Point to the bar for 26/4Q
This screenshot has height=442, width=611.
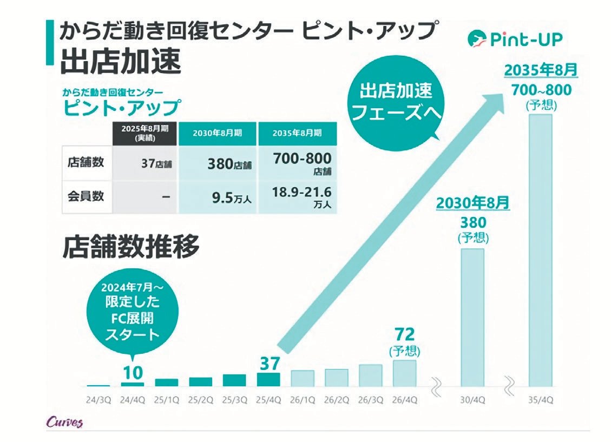pyautogui.click(x=405, y=373)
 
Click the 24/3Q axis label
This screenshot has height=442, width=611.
pyautogui.click(x=98, y=400)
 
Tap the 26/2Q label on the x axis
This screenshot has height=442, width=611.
pyautogui.click(x=337, y=400)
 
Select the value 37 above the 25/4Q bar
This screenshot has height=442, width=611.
pyautogui.click(x=268, y=363)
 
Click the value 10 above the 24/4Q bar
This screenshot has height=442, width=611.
pyautogui.click(x=133, y=372)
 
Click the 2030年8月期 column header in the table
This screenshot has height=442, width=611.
pyautogui.click(x=218, y=133)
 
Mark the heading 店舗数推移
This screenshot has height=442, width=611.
pyautogui.click(x=130, y=247)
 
